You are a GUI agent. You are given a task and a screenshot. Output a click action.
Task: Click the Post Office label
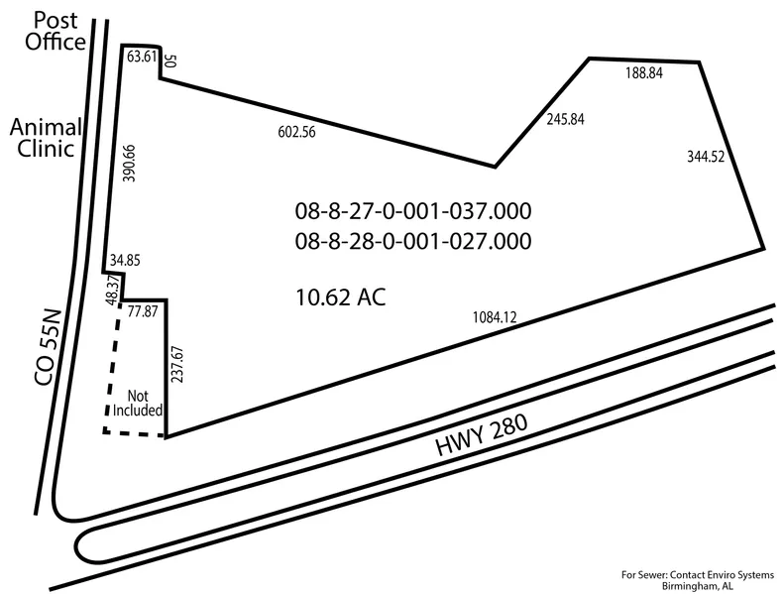56,31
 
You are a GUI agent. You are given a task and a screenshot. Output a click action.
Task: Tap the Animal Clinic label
46,138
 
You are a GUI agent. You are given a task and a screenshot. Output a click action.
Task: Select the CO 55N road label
48,348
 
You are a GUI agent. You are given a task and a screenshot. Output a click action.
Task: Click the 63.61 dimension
142,57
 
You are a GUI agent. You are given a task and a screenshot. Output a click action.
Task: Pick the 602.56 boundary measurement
297,132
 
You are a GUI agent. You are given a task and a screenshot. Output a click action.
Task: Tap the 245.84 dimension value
566,119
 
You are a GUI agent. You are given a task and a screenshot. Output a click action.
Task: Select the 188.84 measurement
644,73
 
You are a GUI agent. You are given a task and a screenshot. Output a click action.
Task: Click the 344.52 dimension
706,157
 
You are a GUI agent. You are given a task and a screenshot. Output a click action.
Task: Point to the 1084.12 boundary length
495,317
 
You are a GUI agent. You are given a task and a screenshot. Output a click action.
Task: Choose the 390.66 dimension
129,164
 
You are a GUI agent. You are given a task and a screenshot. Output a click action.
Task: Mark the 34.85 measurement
125,260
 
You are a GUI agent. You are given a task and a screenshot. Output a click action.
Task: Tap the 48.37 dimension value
113,290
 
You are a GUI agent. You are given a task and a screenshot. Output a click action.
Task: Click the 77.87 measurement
143,311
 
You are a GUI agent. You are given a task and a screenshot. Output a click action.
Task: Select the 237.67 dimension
177,364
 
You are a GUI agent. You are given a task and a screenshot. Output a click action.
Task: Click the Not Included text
138,403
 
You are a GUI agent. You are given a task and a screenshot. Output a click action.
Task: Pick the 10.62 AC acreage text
341,297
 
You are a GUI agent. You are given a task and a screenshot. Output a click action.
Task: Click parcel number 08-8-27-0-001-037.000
413,210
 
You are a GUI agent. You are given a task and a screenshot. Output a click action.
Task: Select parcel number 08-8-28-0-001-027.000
413,241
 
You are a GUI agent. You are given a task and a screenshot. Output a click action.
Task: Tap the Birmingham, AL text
698,586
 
